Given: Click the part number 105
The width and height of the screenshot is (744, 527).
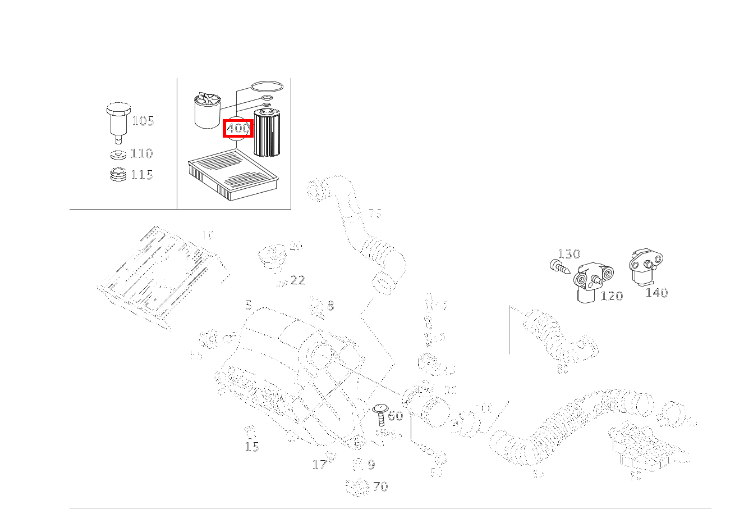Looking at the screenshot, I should tap(143, 121).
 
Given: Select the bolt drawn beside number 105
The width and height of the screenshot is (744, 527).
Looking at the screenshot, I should tap(117, 119).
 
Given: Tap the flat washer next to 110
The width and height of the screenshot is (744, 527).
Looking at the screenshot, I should tap(117, 155).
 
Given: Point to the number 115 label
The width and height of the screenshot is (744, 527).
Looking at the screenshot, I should tap(142, 175).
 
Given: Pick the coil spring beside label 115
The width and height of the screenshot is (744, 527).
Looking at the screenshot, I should tap(118, 175).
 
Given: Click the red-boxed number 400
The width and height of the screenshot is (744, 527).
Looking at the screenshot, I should tap(238, 129).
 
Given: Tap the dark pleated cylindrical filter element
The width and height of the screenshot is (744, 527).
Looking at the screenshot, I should tap(267, 133).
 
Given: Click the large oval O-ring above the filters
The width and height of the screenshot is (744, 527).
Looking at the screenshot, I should tap(267, 87).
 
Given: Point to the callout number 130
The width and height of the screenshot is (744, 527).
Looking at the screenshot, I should tap(569, 254).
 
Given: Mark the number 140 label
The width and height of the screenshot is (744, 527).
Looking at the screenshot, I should tap(656, 293).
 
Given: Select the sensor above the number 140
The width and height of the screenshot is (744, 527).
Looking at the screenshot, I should tap(645, 266).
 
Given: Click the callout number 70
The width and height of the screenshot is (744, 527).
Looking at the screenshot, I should tap(380, 487).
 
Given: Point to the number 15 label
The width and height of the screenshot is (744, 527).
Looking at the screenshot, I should tap(252, 447).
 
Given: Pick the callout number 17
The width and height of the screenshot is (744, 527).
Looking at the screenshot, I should tap(319, 465).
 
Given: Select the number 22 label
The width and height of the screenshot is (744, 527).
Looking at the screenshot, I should tap(298, 280).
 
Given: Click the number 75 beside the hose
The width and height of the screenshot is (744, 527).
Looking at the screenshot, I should tap(375, 214).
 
